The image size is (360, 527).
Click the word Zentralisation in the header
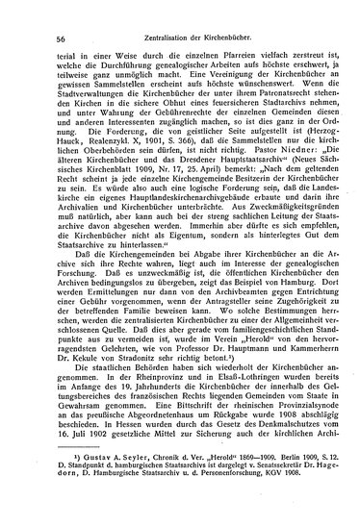[x=156, y=38]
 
